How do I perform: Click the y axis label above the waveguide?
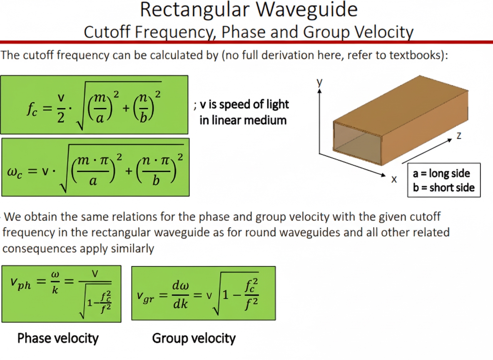[319, 82]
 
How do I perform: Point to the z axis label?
[459, 136]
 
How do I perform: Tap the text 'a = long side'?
[441, 173]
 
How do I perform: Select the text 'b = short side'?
[443, 187]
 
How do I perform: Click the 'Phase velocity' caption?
[58, 338]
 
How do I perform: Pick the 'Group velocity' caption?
[194, 338]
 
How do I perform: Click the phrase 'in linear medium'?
[243, 120]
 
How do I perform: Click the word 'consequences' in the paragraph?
[39, 249]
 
